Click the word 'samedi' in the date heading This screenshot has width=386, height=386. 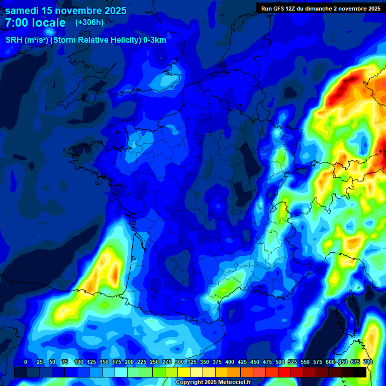pyautogui.click(x=22, y=11)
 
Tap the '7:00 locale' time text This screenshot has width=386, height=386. pyautogui.click(x=35, y=23)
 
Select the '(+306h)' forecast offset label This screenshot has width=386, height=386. pyautogui.click(x=89, y=22)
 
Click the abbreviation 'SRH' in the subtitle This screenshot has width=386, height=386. pyautogui.click(x=15, y=40)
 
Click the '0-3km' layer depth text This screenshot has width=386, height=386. pyautogui.click(x=155, y=40)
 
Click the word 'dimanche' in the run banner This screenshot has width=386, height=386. pyautogui.click(x=319, y=8)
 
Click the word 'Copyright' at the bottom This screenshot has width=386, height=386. pyautogui.click(x=188, y=382)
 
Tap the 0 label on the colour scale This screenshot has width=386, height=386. pyautogui.click(x=26, y=362)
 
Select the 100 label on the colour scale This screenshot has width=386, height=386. pyautogui.click(x=79, y=362)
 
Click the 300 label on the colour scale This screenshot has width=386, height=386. pyautogui.click(x=179, y=362)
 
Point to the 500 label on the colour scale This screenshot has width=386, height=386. pyautogui.click(x=280, y=362)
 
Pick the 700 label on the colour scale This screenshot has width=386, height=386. pyautogui.click(x=368, y=362)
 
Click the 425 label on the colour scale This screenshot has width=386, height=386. pyautogui.click(x=242, y=362)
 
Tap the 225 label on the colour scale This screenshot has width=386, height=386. pyautogui.click(x=142, y=362)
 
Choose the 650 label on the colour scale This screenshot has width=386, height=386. pyautogui.click(x=343, y=362)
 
